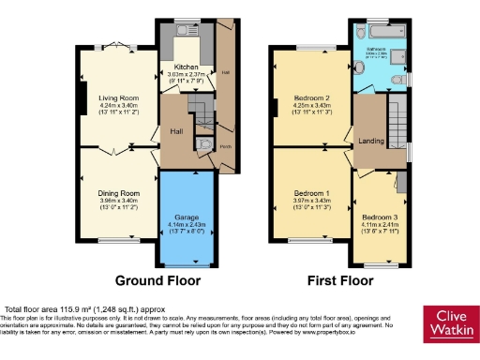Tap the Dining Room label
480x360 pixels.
pyautogui.click(x=118, y=194)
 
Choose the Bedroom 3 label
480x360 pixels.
pyautogui.click(x=380, y=217)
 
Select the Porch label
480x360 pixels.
pyautogui.click(x=226, y=147)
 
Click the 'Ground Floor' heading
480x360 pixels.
pyautogui.click(x=155, y=280)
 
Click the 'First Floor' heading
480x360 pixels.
pyautogui.click(x=343, y=280)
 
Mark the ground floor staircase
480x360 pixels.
pyautogui.click(x=201, y=113)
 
